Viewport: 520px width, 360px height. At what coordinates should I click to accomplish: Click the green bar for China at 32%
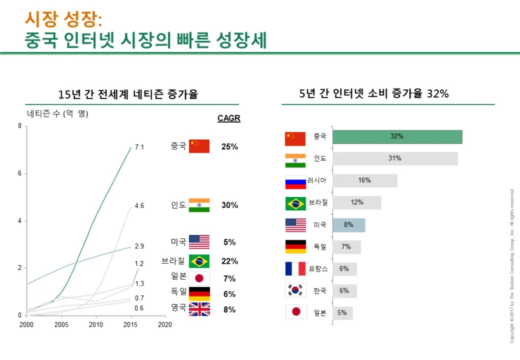pos(397,136)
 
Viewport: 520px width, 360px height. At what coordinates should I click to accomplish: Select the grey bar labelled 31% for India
pos(394,159)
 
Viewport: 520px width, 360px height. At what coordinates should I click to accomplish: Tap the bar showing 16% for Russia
pos(364,181)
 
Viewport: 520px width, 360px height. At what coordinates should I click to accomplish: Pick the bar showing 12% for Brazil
pos(356,202)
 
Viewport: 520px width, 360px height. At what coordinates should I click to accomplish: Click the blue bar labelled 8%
pos(349,225)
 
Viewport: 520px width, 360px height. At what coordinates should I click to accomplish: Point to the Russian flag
pos(295,181)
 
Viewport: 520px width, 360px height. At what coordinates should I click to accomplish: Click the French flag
pos(295,269)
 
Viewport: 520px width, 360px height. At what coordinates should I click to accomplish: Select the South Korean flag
pos(295,290)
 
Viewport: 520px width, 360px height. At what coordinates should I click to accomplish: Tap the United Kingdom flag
pos(199,309)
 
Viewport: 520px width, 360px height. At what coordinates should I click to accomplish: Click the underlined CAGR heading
pos(229,118)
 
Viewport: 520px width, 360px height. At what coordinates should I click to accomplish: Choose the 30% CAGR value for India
pos(229,205)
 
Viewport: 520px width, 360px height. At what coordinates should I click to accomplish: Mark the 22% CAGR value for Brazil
pos(229,261)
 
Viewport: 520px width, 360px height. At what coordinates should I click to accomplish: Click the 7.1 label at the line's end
pos(139,148)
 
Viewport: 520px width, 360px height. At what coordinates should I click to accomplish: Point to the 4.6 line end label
pos(139,206)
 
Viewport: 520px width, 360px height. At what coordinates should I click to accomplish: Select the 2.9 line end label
pos(139,246)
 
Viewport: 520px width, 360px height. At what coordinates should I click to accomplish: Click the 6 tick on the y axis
pos(19,174)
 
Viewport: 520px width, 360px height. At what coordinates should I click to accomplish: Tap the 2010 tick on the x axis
pos(96,325)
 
